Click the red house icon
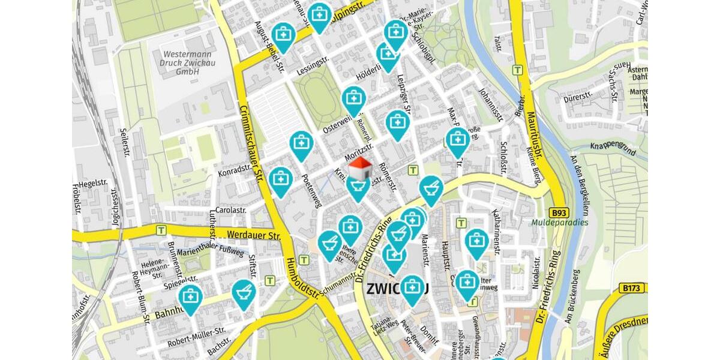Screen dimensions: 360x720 [360, 169]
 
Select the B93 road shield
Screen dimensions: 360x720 [559, 213]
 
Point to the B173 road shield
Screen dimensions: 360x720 [632, 289]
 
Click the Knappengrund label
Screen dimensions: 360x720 [612, 146]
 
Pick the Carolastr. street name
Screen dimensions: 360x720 [231, 211]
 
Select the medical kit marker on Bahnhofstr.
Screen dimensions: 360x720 [190, 298]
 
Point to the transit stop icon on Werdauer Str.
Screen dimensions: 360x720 [161, 230]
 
